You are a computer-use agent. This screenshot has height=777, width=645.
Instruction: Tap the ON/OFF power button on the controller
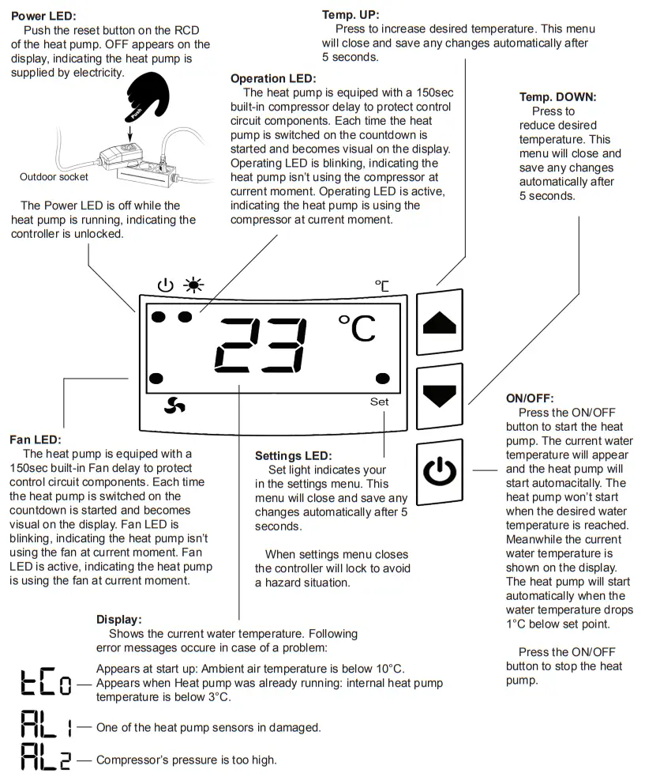[440, 473]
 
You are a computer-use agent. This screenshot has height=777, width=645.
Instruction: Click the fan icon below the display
[174, 405]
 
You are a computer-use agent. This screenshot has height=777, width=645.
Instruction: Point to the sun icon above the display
[193, 285]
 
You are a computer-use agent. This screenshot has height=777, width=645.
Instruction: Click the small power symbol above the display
[165, 285]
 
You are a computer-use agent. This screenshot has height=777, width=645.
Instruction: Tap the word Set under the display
[379, 402]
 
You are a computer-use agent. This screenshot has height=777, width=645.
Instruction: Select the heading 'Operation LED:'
[272, 78]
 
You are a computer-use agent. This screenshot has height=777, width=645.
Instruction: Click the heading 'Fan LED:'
[36, 439]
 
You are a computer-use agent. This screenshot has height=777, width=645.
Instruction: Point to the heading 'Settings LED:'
[293, 456]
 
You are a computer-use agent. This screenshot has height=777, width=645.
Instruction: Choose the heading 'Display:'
[119, 619]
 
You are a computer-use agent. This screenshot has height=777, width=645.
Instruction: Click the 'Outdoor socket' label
[54, 177]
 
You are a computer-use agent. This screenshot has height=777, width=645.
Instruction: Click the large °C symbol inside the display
[357, 328]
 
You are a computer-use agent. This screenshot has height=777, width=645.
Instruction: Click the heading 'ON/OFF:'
[530, 398]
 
